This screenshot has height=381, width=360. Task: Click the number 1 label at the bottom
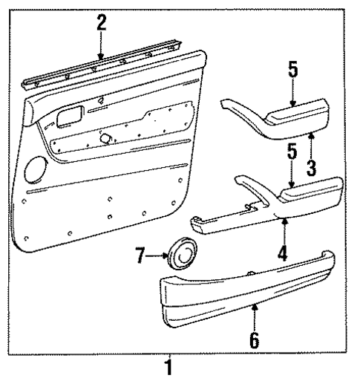tap(173, 367)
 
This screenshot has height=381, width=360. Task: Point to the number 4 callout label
tap(283, 251)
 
